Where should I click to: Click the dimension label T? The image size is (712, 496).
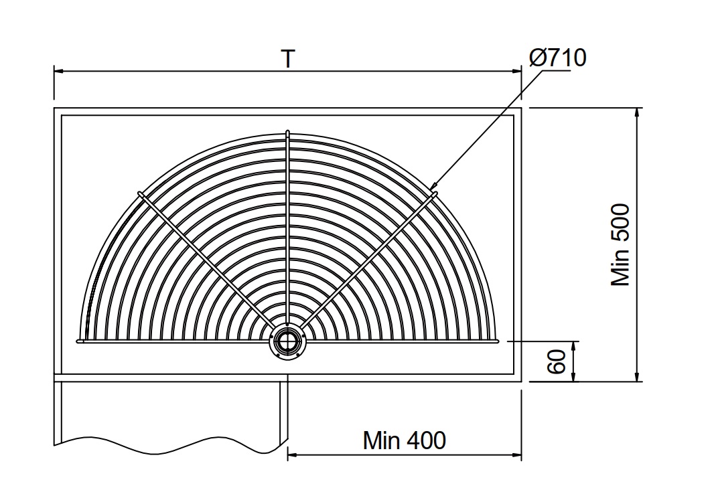click(288, 58)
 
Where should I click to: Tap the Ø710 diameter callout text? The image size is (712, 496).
click(558, 58)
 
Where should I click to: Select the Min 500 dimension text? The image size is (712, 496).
click(620, 244)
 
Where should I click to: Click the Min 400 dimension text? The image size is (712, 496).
click(404, 440)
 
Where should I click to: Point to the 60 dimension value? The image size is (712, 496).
click(557, 361)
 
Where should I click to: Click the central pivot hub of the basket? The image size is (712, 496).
click(287, 341)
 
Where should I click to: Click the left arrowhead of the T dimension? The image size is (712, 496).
click(59, 71)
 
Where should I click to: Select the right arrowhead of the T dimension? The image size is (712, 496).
click(516, 71)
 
